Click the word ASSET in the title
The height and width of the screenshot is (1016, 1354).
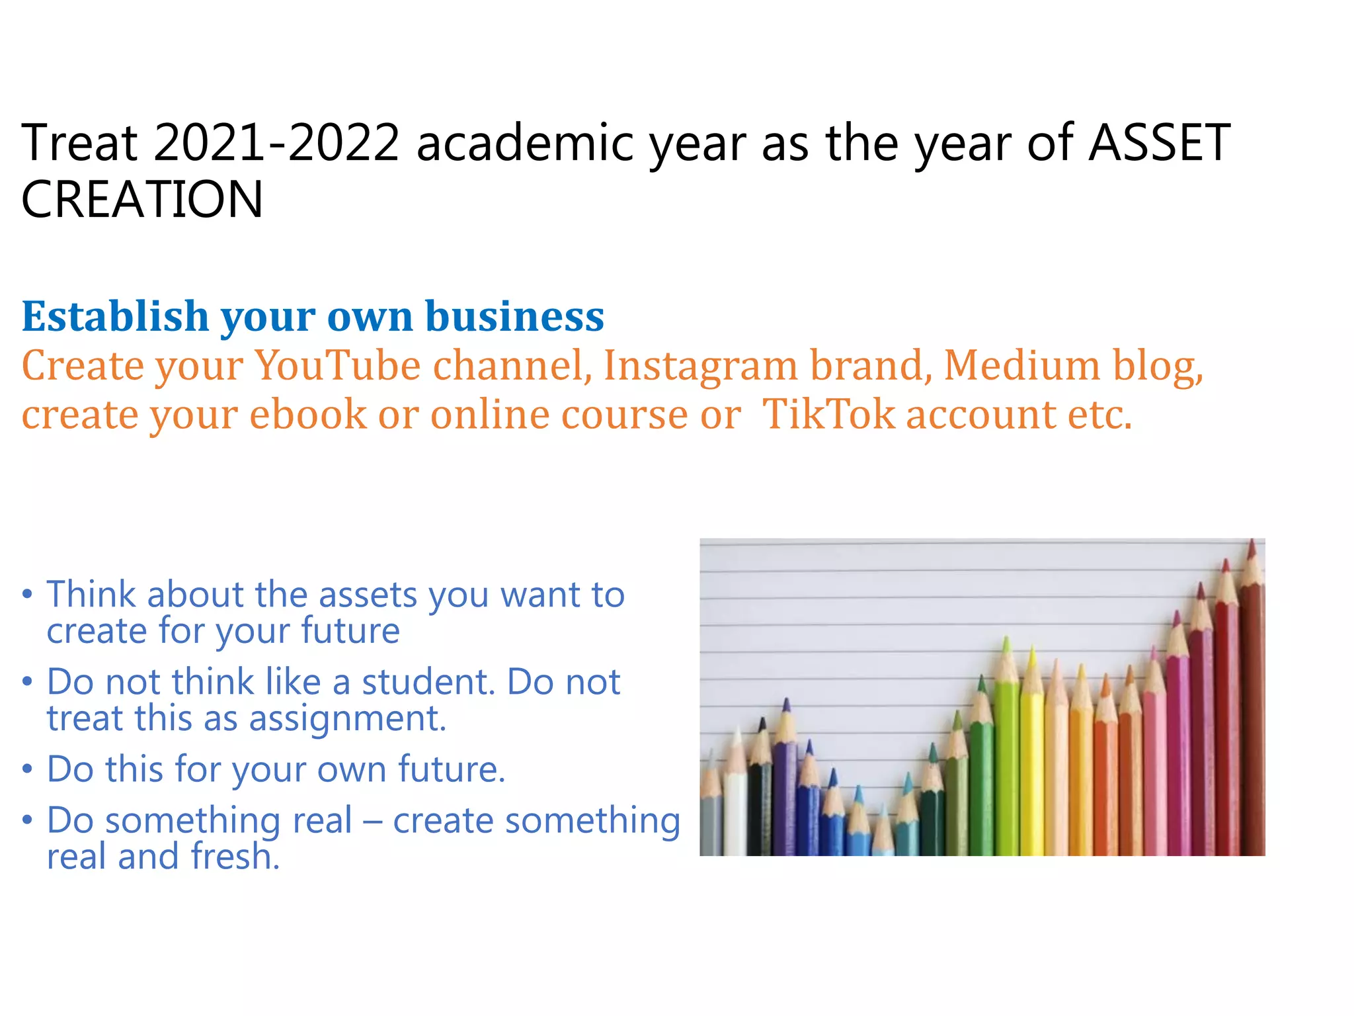[x=1159, y=143]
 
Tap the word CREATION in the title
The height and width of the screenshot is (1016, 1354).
[x=142, y=200]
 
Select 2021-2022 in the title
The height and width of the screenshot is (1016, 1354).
[x=277, y=143]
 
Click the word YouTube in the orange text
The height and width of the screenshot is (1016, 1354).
[x=338, y=365]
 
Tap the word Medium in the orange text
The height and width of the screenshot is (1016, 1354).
[x=1022, y=365]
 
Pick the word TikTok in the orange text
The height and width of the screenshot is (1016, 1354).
[x=828, y=415]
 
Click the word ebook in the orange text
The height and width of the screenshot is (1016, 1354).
[x=308, y=415]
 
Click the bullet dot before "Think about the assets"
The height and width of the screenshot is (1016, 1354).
[x=27, y=593]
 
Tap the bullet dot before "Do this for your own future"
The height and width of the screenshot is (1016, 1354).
[x=27, y=769]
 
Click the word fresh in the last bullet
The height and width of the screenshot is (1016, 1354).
[x=235, y=856]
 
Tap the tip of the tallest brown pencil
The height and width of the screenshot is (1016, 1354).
[x=1252, y=542]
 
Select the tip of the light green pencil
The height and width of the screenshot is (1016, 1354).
[x=1006, y=638]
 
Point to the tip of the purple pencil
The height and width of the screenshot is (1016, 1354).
[x=786, y=699]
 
